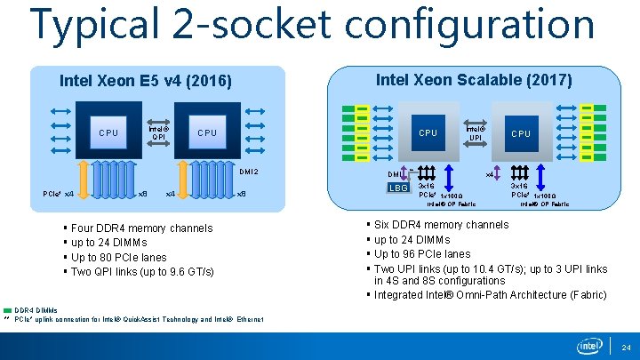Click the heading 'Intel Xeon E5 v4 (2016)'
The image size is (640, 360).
[x=145, y=82]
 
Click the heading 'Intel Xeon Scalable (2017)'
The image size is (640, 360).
[x=474, y=80]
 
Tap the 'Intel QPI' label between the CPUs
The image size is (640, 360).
[x=157, y=132]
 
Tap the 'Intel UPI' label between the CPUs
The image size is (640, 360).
[x=475, y=132]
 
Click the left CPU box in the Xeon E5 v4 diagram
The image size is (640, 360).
[x=108, y=133]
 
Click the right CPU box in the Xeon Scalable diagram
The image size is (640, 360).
[x=521, y=133]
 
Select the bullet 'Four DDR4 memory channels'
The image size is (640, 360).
[x=142, y=228]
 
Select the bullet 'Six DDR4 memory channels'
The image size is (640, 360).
[x=442, y=225]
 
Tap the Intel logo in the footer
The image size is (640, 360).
[x=589, y=345]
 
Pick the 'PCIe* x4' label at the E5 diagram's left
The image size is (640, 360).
[x=59, y=194]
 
